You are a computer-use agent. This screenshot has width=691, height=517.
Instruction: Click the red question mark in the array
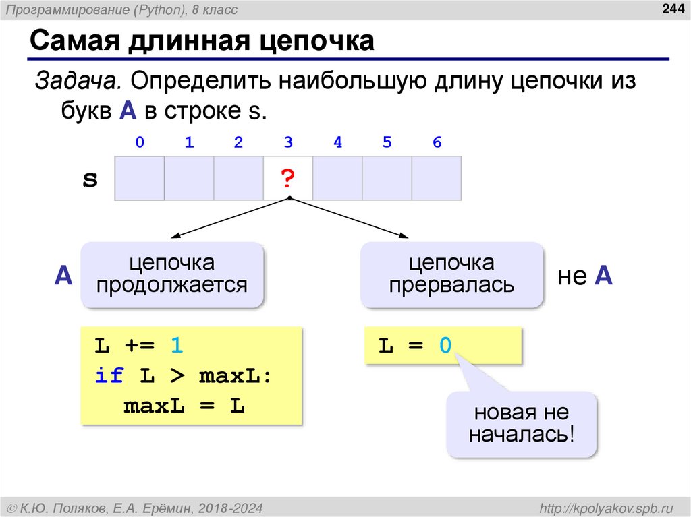point(287,179)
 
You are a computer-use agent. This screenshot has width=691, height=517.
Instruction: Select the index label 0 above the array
point(140,142)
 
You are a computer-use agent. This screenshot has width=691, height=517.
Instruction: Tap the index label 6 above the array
point(437,142)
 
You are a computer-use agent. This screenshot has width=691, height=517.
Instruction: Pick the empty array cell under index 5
point(387,179)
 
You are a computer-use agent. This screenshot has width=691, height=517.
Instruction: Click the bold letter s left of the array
point(90,179)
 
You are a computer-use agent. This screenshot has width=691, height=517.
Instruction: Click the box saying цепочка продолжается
point(171,274)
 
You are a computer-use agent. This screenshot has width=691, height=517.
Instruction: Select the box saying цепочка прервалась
point(451,274)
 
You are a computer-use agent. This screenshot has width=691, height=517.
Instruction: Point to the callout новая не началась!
point(521,423)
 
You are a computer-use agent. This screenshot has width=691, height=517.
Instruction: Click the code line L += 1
point(138,346)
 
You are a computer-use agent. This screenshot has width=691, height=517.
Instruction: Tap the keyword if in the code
point(109,376)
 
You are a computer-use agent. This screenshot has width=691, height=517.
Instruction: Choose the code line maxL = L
point(184,406)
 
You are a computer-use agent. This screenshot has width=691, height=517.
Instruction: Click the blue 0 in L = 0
point(445,346)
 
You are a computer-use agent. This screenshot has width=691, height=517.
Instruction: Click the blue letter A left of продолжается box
point(63,276)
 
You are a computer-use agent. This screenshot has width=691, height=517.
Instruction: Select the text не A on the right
point(584,276)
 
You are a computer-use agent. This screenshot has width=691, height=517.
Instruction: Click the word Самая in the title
point(71,42)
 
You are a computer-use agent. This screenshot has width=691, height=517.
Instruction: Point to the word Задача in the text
point(78,82)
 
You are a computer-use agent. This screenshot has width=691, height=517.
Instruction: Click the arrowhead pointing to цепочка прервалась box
point(404,237)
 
